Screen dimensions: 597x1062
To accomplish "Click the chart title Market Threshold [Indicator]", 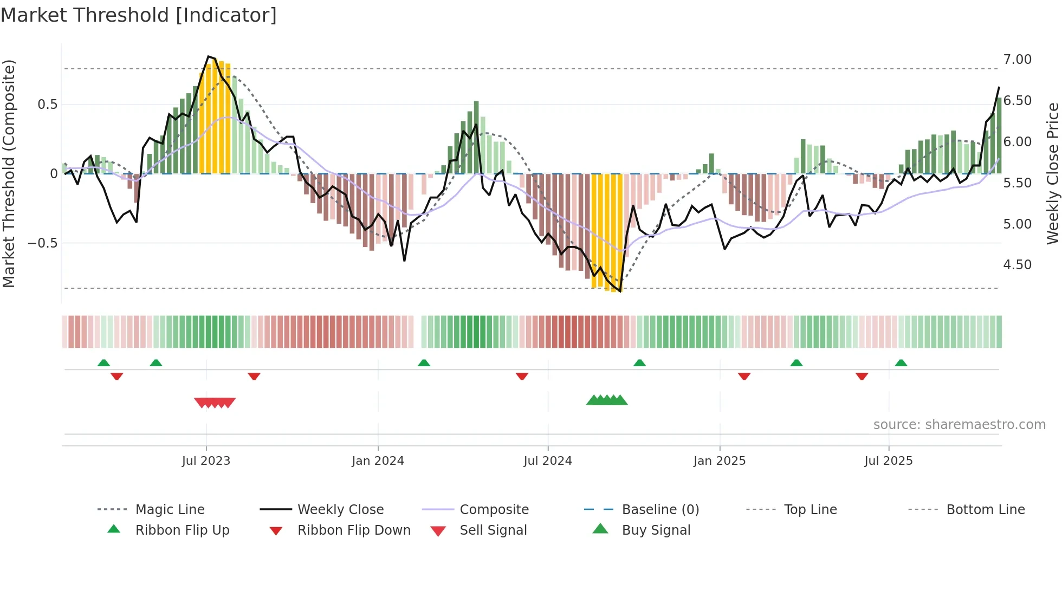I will click(x=139, y=15).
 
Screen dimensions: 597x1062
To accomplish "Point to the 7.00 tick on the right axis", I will click(x=1017, y=59).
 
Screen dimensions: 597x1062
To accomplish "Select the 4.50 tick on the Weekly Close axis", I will click(x=1017, y=264).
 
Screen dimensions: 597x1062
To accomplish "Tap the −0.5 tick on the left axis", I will click(x=43, y=243).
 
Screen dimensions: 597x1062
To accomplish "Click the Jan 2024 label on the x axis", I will click(x=378, y=460).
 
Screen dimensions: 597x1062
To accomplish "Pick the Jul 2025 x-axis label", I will click(x=888, y=460).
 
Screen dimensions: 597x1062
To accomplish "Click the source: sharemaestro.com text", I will click(x=959, y=424).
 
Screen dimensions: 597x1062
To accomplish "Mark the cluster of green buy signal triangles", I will click(x=607, y=400).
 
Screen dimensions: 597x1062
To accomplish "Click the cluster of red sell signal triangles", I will click(x=215, y=403).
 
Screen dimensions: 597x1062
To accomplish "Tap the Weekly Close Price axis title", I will click(x=1052, y=173).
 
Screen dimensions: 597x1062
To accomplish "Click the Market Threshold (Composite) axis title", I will click(x=9, y=173).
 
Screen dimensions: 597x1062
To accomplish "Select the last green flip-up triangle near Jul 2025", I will click(x=901, y=363).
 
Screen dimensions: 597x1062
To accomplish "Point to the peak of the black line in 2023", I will click(x=209, y=56).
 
